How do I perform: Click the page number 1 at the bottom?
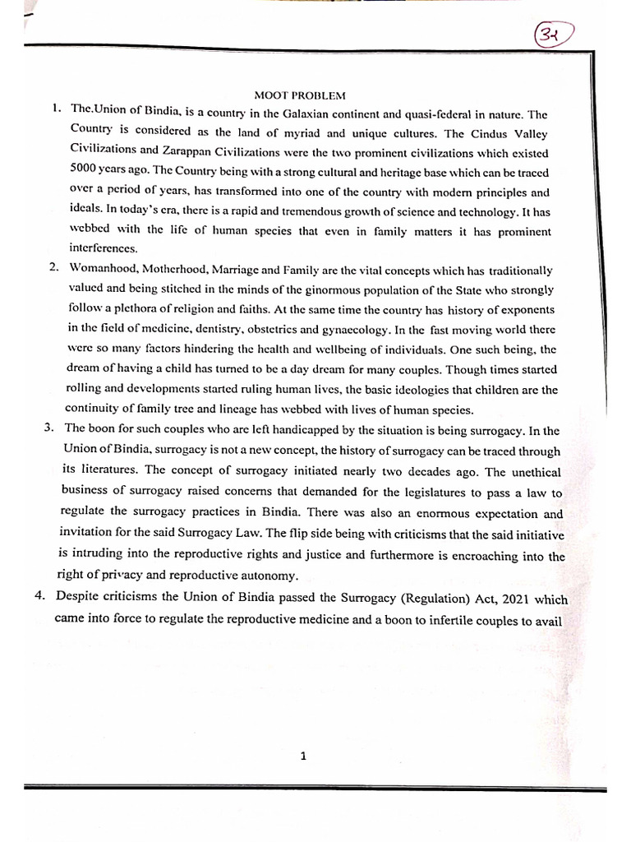click(x=303, y=758)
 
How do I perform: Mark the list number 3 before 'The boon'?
click(x=48, y=428)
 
